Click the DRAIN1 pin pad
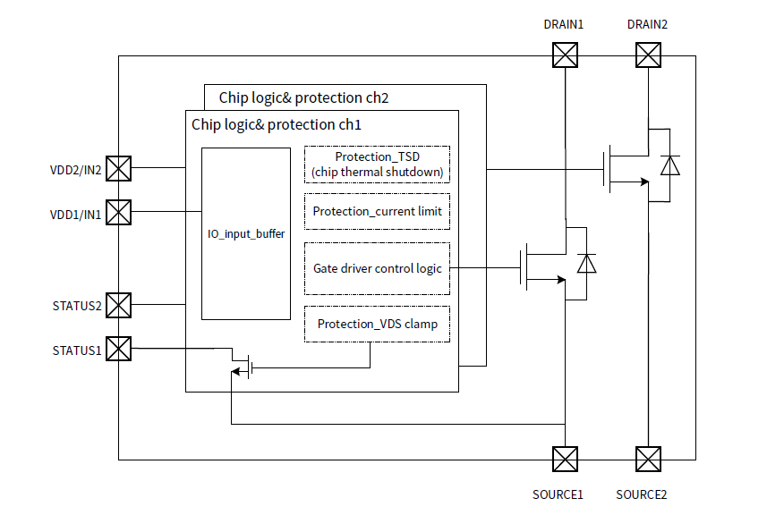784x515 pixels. click(x=565, y=56)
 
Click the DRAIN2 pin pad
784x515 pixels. click(x=648, y=56)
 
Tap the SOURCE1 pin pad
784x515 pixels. click(x=565, y=460)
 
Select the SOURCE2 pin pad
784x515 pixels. click(x=648, y=460)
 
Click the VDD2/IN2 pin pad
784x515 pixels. click(x=119, y=168)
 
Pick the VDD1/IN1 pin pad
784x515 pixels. click(x=119, y=212)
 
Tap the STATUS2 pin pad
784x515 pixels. click(x=119, y=305)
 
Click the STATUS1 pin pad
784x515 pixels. click(x=119, y=349)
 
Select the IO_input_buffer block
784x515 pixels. click(x=246, y=233)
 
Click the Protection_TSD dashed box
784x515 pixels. click(x=377, y=165)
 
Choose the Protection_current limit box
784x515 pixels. click(x=377, y=212)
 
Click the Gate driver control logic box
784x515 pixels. click(x=377, y=268)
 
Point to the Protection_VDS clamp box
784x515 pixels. click(x=377, y=324)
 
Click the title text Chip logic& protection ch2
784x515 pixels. click(x=303, y=97)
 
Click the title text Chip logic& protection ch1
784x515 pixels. click(x=277, y=124)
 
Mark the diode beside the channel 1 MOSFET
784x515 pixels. click(x=586, y=264)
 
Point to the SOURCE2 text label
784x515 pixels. click(x=642, y=494)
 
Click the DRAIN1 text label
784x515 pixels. click(x=564, y=24)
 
